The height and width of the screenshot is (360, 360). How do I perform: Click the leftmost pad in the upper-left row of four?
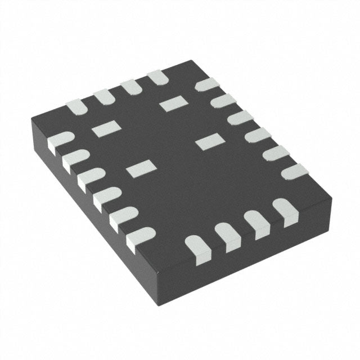point(74,106)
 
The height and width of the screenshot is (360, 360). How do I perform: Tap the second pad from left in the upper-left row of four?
point(103,96)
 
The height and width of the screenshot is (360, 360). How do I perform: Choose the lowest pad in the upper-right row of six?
point(296,172)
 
